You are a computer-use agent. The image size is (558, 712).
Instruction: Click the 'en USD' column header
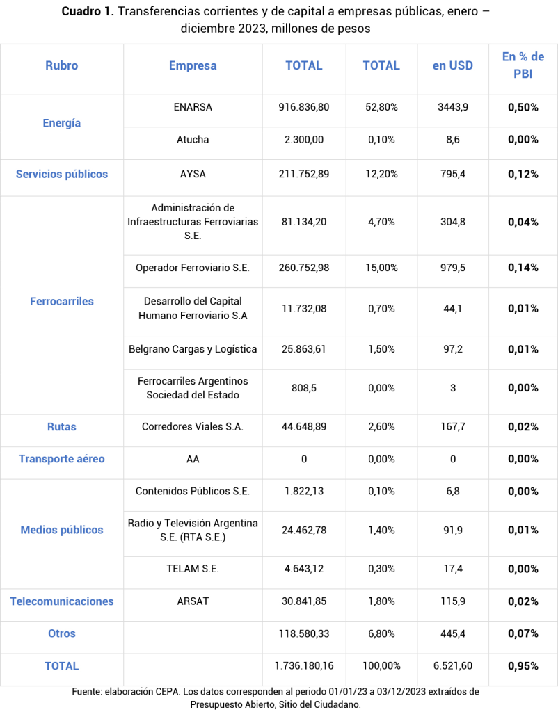click(452, 65)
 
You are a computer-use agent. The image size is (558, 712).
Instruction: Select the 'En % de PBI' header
click(523, 65)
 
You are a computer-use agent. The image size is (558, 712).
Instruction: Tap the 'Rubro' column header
click(62, 65)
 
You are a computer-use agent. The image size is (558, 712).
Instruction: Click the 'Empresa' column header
click(193, 65)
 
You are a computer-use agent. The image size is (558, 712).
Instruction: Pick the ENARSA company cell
click(193, 107)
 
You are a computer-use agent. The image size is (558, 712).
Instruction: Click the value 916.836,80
click(304, 107)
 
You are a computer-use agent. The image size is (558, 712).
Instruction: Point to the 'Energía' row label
click(62, 123)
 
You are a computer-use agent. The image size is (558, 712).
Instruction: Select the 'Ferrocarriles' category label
click(62, 301)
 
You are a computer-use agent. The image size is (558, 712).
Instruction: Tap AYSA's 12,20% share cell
click(381, 174)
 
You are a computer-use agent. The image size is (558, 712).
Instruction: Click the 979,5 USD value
click(452, 268)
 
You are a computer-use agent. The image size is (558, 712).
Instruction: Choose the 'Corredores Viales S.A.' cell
click(193, 427)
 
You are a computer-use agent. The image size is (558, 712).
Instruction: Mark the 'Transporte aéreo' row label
click(62, 459)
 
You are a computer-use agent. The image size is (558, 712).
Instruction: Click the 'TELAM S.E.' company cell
click(193, 569)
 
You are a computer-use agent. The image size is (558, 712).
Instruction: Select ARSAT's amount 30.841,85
click(304, 601)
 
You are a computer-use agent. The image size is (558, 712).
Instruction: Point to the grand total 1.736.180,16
click(304, 665)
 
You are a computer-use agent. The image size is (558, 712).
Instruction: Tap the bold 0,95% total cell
click(523, 665)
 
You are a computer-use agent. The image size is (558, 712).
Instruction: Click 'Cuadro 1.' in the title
click(88, 12)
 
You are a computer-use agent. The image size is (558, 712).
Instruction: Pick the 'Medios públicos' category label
click(62, 530)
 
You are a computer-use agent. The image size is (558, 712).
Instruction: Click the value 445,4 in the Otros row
click(452, 633)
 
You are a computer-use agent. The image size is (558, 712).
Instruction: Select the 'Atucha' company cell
click(193, 139)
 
